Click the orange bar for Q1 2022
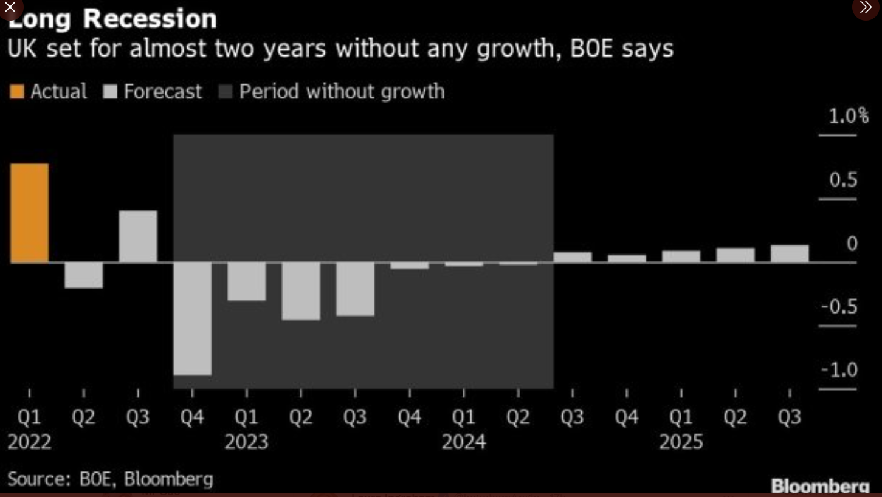(29, 213)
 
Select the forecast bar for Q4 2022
(192, 318)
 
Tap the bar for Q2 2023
(301, 291)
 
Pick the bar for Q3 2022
(138, 236)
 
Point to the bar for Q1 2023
(247, 281)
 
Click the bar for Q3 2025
(790, 253)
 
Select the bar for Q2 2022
(84, 275)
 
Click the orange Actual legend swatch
(16, 92)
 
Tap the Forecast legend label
(162, 92)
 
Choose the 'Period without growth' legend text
(342, 92)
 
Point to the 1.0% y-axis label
(849, 115)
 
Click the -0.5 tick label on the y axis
(839, 307)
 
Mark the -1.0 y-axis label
(839, 370)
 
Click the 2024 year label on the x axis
(464, 442)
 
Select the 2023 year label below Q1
(246, 442)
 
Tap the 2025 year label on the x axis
(681, 442)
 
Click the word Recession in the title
(150, 18)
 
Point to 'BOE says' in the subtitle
(622, 49)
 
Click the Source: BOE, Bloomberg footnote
(110, 479)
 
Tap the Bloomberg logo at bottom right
(820, 486)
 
